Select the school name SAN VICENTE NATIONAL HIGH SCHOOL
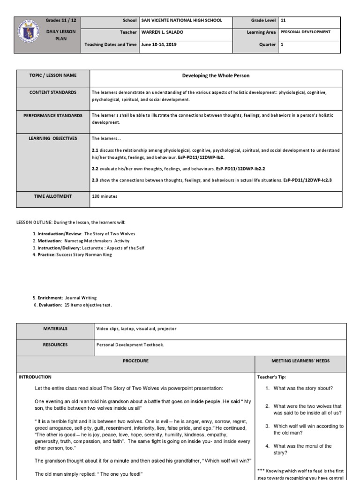click(x=181, y=21)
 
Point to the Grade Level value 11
click(x=283, y=21)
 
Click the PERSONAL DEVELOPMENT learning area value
click(x=305, y=32)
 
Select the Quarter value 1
click(x=282, y=45)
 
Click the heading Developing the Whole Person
click(x=216, y=75)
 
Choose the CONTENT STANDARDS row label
click(x=53, y=93)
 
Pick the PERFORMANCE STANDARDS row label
click(x=53, y=115)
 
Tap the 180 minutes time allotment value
click(x=105, y=196)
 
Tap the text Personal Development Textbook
click(x=130, y=345)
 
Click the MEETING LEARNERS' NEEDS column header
click(x=300, y=361)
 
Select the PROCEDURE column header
click(x=135, y=361)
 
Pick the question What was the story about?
click(x=303, y=388)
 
